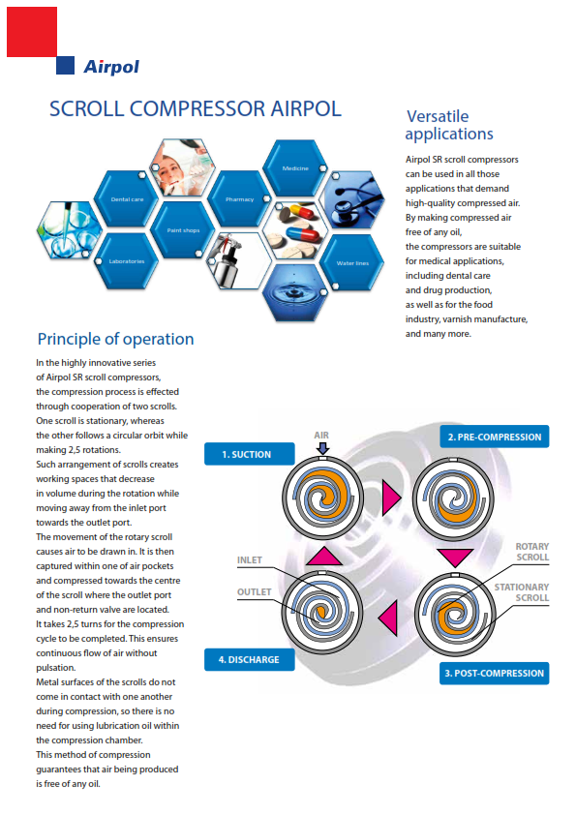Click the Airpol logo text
pos(111,67)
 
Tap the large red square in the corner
pos(32,32)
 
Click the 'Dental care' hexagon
pos(127,198)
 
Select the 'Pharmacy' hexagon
pos(240,198)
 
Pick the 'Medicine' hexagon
pos(295,167)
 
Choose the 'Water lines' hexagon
pos(352,262)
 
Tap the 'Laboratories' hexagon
pos(127,261)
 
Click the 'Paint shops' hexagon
pos(183,229)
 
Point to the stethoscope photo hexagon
pos(352,199)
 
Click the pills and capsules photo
pos(295,230)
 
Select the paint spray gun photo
pos(240,261)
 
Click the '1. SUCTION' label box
pos(250,454)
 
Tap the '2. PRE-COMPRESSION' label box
pos(495,437)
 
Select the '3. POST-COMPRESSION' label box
pos(495,673)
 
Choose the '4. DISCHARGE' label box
pos(250,659)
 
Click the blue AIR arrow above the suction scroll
pos(322,448)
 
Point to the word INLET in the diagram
pos(250,559)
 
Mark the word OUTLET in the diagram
pos(255,592)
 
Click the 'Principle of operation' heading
pos(115,339)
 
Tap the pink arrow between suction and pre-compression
pos(391,498)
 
